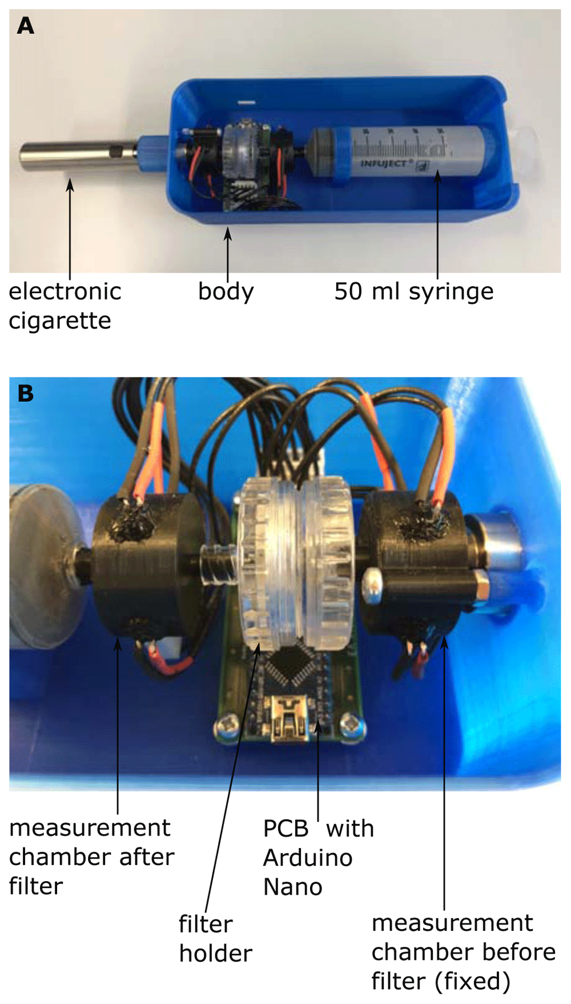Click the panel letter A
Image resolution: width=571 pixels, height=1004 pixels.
[26, 26]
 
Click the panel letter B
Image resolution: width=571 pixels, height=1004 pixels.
[26, 393]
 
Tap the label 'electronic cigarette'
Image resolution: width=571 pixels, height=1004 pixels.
[65, 306]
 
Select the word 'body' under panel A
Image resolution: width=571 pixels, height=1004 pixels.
[226, 292]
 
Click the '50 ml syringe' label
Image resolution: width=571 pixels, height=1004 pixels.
[414, 292]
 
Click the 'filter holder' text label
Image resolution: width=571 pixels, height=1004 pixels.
[215, 939]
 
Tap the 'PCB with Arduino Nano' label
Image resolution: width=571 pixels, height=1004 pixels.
[318, 858]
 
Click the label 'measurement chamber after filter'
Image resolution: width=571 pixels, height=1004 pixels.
[91, 857]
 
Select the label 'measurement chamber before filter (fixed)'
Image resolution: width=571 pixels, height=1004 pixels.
[463, 952]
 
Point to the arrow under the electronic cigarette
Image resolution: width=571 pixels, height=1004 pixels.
[70, 229]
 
